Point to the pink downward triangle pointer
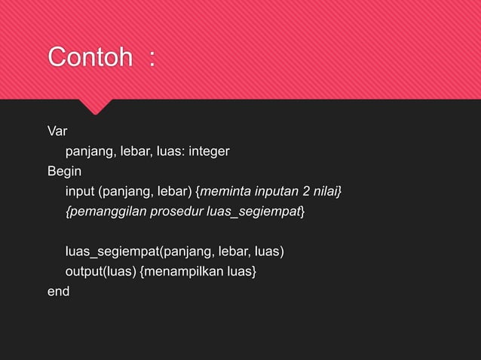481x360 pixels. [96, 106]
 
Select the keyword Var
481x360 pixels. [57, 133]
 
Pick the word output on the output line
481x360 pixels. [84, 270]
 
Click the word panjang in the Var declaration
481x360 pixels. [88, 152]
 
